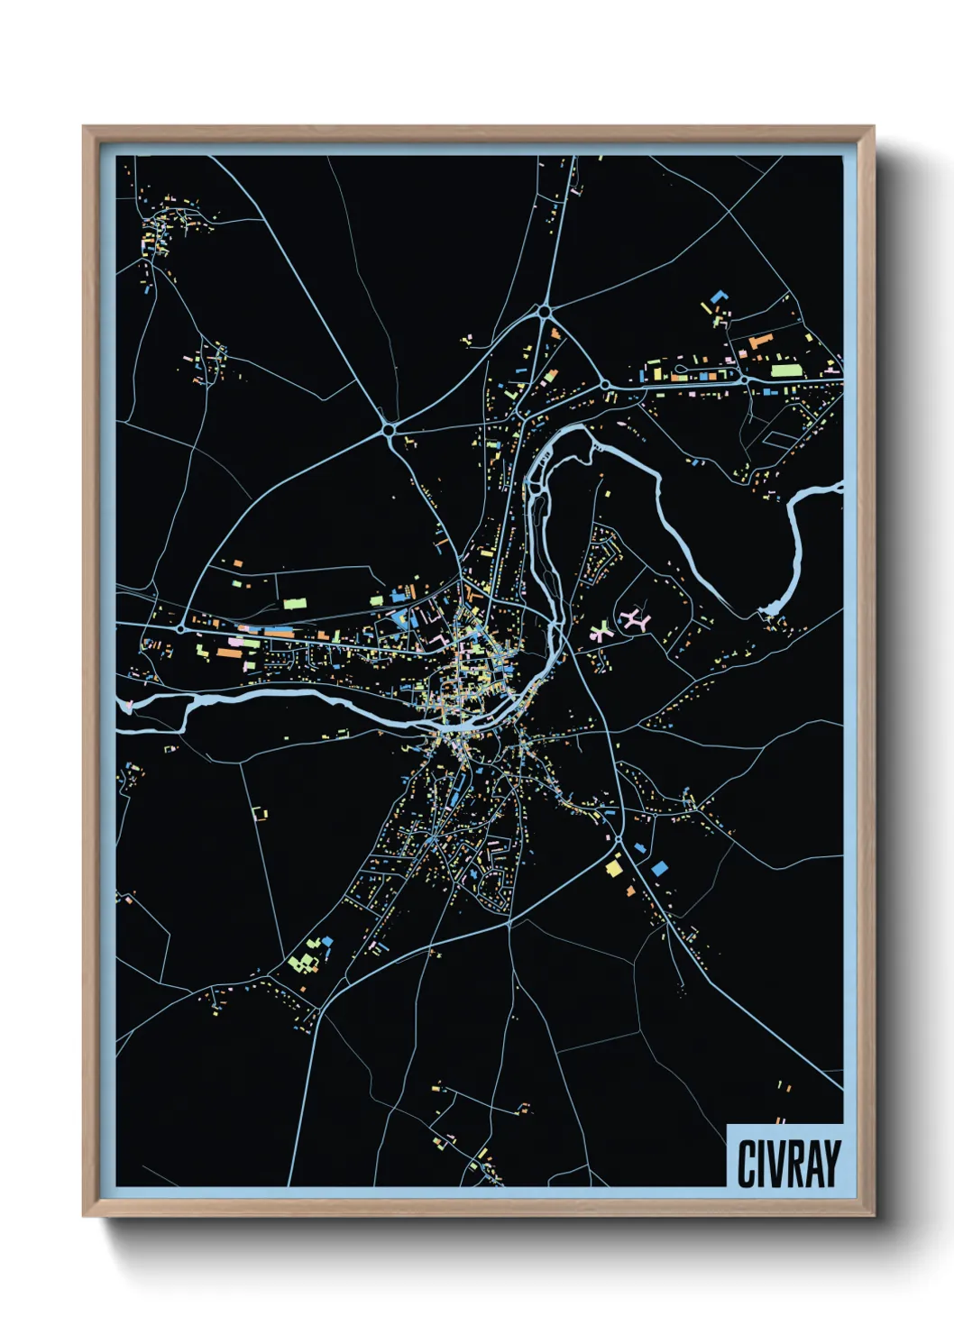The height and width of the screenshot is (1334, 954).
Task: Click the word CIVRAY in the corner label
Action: [788, 1163]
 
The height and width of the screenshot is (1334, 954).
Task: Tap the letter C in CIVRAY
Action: [747, 1163]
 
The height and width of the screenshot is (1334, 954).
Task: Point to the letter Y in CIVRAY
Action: [831, 1163]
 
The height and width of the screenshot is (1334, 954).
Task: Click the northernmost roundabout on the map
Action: [545, 312]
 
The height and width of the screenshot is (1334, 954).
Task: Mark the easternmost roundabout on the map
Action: [745, 381]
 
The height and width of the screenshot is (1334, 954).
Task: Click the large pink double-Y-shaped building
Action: [637, 619]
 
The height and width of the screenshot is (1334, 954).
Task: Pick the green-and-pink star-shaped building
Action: [601, 630]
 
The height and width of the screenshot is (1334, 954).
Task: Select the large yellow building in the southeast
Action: [614, 868]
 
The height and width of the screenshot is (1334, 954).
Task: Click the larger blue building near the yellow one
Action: [660, 867]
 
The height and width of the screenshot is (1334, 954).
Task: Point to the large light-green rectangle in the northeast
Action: [785, 370]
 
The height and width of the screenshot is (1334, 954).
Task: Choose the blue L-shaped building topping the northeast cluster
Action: [719, 296]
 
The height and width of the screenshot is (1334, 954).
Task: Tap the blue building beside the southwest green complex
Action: [327, 941]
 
